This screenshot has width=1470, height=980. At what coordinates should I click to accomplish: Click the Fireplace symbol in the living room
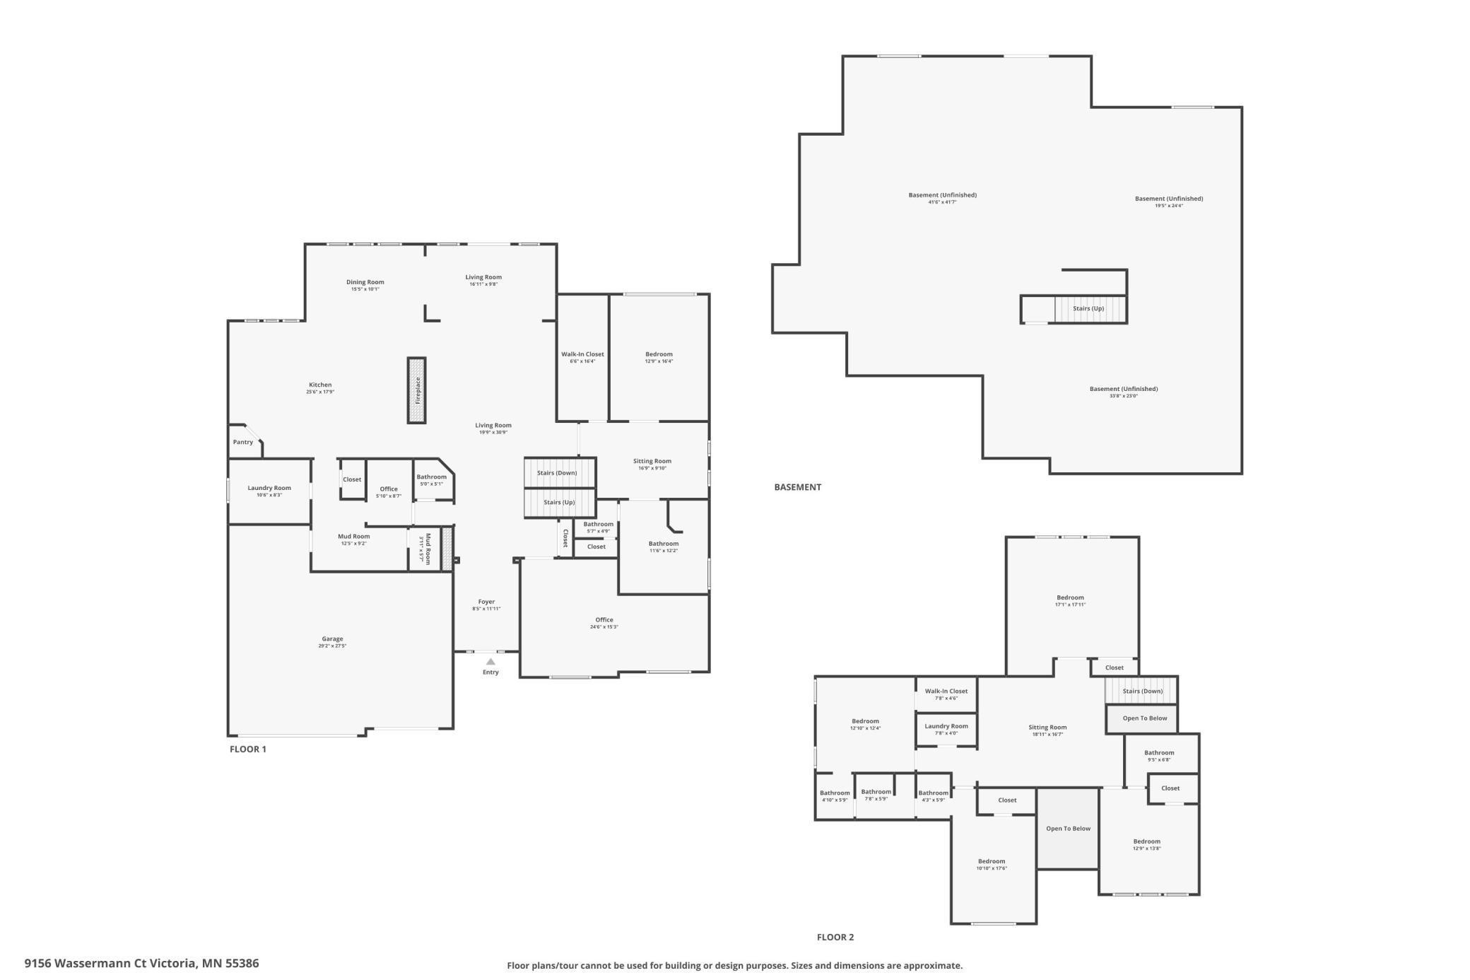(417, 390)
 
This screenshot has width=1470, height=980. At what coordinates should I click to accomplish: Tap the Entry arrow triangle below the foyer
(490, 662)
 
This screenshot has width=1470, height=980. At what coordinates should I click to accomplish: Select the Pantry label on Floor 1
(243, 442)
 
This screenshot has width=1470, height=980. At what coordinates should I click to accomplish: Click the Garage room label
(332, 638)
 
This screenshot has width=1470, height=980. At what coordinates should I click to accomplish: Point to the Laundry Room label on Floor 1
(269, 488)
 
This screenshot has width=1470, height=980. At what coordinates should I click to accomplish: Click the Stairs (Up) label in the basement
(1088, 308)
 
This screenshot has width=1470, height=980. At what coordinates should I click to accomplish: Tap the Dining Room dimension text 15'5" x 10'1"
(365, 289)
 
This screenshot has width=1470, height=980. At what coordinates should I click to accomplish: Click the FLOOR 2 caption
(835, 937)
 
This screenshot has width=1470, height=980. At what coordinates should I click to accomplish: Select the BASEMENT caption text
(797, 486)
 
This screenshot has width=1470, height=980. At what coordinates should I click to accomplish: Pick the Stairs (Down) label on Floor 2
(1142, 691)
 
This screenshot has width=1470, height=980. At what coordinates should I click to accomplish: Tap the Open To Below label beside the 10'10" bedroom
(1068, 828)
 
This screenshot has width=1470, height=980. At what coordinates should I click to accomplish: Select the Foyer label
(486, 602)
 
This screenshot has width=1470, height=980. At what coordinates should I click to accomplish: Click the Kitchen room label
(320, 385)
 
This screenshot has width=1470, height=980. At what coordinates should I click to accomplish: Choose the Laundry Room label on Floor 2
(946, 726)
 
